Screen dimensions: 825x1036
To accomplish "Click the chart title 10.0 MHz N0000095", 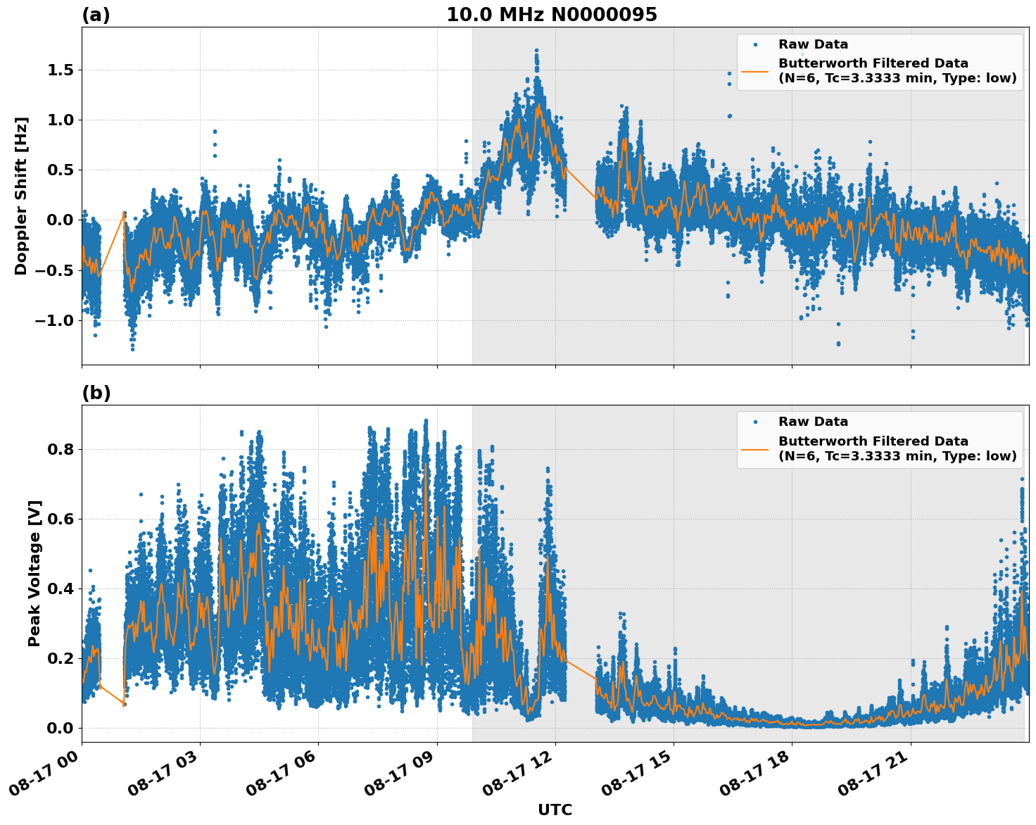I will click(x=551, y=15).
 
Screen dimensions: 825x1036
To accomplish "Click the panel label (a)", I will click(x=96, y=15).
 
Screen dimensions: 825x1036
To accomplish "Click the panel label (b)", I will click(x=96, y=393).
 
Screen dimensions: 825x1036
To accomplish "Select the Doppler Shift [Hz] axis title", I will click(x=21, y=196).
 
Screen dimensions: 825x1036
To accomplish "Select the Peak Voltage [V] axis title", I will click(x=34, y=573).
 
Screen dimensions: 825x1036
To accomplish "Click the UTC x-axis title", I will click(x=555, y=810).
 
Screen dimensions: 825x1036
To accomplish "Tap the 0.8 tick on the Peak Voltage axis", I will click(x=60, y=449).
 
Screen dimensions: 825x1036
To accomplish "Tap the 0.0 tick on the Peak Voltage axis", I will click(x=60, y=728).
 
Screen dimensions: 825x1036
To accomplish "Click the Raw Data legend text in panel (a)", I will click(x=813, y=44).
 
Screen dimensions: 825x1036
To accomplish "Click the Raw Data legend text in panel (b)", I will click(x=813, y=422).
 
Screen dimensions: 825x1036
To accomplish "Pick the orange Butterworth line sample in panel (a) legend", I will click(x=755, y=72).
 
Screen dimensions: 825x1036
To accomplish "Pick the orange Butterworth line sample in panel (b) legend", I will click(x=755, y=449).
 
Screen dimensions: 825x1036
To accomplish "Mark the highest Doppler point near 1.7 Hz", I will click(x=536, y=51).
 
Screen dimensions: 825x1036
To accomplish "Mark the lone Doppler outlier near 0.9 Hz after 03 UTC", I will click(x=215, y=132).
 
